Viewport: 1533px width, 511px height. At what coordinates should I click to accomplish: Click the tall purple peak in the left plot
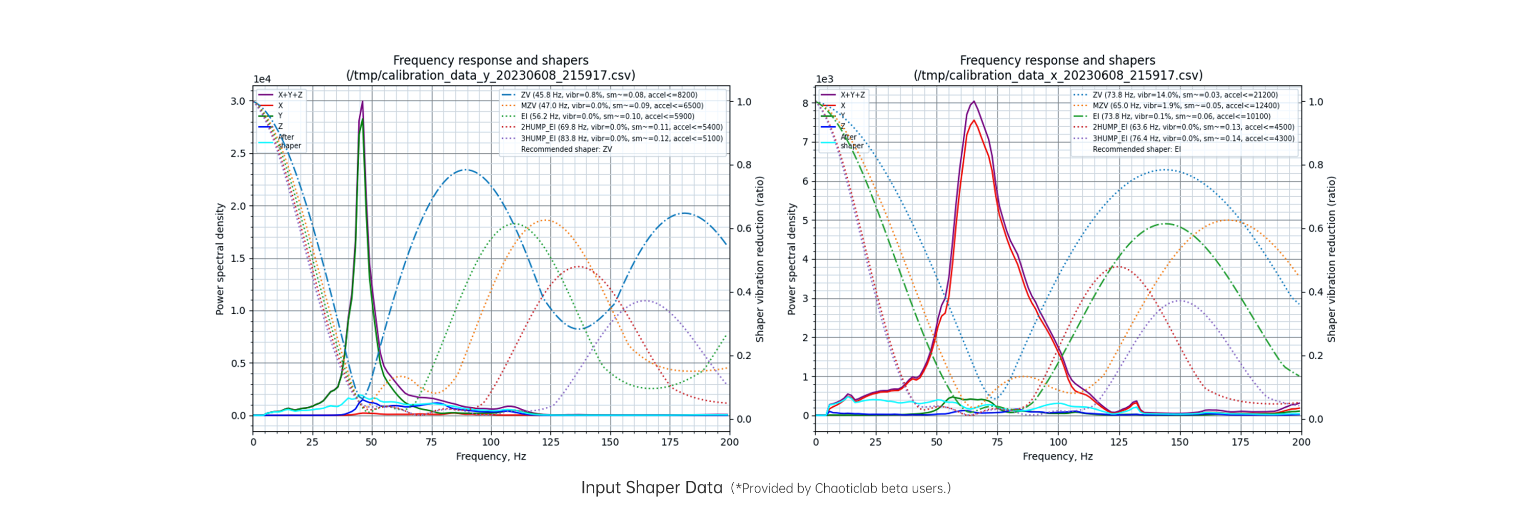362,103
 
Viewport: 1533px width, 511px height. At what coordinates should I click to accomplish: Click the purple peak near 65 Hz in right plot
973,102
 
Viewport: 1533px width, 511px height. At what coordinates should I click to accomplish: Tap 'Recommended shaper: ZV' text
566,149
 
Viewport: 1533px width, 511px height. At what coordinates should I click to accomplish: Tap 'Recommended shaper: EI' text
1136,149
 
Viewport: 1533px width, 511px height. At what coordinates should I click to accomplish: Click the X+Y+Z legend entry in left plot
289,95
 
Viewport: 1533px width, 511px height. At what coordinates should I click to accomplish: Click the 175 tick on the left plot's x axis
669,442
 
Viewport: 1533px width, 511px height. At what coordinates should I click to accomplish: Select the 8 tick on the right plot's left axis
805,103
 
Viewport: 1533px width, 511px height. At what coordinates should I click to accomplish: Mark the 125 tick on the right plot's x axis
1119,442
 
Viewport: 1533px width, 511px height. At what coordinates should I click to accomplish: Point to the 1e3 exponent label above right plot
824,79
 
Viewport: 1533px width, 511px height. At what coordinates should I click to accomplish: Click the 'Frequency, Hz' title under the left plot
491,456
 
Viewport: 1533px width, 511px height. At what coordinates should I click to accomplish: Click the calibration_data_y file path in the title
491,76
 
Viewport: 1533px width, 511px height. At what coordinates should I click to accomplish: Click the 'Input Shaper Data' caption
652,488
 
